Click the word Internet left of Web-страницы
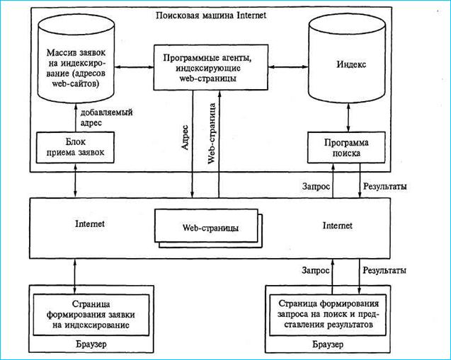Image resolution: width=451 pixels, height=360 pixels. pyautogui.click(x=89, y=223)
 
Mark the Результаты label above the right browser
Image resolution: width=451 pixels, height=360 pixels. pyautogui.click(x=384, y=270)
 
